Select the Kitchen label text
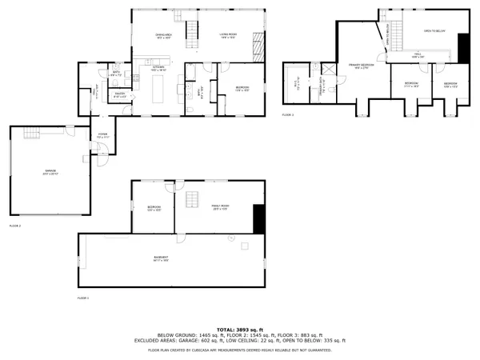pyautogui.click(x=157, y=70)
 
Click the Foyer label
pyautogui.click(x=102, y=136)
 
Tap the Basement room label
pyautogui.click(x=161, y=258)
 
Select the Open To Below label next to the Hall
pyautogui.click(x=434, y=31)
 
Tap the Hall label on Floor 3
pyautogui.click(x=416, y=56)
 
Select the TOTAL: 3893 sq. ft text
pyautogui.click(x=240, y=329)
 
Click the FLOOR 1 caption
pyautogui.click(x=83, y=298)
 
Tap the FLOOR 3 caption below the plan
pyautogui.click(x=288, y=116)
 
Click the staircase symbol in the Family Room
pyautogui.click(x=192, y=199)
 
